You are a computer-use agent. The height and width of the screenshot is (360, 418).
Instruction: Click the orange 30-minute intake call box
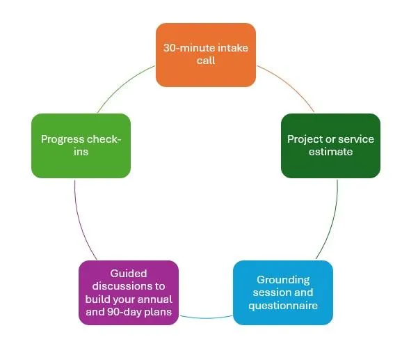point(206,55)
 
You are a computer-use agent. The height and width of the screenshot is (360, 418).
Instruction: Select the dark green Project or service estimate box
point(330,146)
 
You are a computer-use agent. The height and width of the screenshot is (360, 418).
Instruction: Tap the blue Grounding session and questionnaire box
point(283,292)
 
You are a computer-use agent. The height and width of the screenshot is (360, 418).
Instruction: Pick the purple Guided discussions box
point(129,292)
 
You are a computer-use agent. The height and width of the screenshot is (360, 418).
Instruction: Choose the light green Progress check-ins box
point(81,146)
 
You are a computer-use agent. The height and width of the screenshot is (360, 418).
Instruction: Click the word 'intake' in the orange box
point(233,48)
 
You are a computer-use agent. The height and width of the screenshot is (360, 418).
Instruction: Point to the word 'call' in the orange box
point(206,61)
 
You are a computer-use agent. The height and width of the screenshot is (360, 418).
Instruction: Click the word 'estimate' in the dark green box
point(330,152)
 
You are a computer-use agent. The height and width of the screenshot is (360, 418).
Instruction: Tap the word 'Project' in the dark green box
point(304,139)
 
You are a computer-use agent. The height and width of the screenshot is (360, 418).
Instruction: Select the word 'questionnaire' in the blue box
point(283,306)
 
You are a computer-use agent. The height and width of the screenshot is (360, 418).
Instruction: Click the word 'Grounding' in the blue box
point(283,280)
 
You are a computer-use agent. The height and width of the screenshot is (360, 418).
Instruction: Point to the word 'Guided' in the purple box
point(129,274)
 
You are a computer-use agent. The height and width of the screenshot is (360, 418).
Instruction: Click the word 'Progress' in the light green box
point(63,139)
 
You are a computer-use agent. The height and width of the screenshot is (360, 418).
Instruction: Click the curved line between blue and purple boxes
point(206,318)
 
